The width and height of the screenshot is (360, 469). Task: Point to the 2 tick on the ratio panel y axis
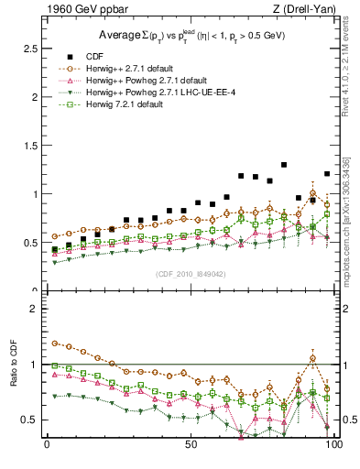[34, 309]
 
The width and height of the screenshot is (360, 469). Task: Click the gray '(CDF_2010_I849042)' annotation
[190, 272]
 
